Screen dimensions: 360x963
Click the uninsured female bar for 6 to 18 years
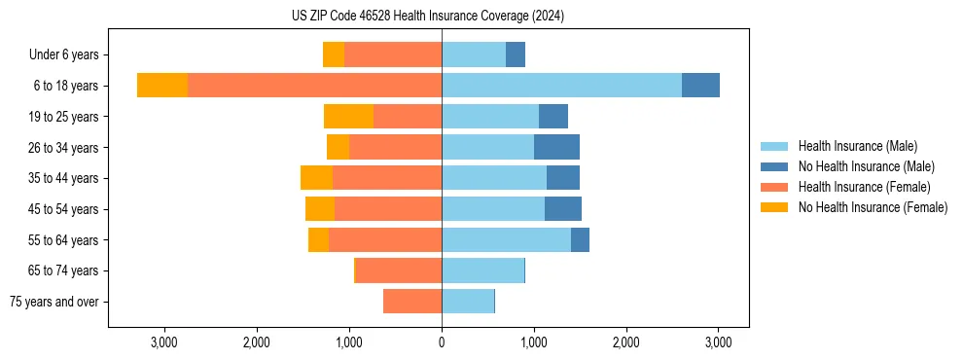(x=162, y=86)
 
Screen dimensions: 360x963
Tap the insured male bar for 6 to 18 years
(x=561, y=86)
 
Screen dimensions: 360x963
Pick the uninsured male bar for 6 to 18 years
(x=700, y=86)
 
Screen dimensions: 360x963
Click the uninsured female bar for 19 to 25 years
(x=348, y=117)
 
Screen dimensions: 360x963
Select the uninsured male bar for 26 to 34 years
(x=556, y=147)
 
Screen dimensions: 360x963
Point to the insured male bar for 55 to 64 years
(x=506, y=239)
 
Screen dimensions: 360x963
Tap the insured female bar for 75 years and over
(x=412, y=302)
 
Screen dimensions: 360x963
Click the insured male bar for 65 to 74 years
(x=482, y=270)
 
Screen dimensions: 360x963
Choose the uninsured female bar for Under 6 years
(x=334, y=54)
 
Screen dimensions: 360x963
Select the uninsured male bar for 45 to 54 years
(x=563, y=209)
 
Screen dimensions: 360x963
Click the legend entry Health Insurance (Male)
(x=857, y=146)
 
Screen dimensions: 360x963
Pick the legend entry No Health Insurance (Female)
(x=873, y=207)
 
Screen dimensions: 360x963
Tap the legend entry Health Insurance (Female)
(x=864, y=187)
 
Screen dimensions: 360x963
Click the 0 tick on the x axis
(x=442, y=342)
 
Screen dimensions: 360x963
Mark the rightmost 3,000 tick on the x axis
(x=718, y=342)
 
